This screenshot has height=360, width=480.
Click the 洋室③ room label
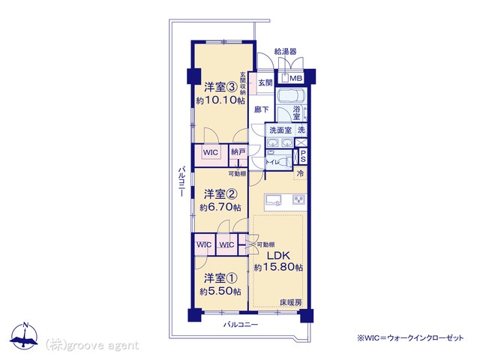[220, 88]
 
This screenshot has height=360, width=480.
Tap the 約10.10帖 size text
[220, 100]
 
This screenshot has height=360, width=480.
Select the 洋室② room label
[220, 194]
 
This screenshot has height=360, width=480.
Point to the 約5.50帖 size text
[220, 292]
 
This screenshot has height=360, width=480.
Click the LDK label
[278, 255]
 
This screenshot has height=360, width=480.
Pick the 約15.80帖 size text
[278, 267]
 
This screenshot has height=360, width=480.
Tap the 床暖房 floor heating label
[291, 302]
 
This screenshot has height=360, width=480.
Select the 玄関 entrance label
[265, 82]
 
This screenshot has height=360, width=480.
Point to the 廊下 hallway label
[262, 109]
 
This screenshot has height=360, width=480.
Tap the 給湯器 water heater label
[285, 52]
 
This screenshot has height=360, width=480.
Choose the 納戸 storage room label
[238, 151]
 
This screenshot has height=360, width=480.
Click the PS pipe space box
[303, 156]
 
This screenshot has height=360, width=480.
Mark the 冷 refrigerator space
[300, 173]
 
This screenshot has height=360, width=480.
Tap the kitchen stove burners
[298, 199]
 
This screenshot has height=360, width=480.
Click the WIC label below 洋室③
[211, 152]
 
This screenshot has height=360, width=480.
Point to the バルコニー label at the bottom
[241, 325]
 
